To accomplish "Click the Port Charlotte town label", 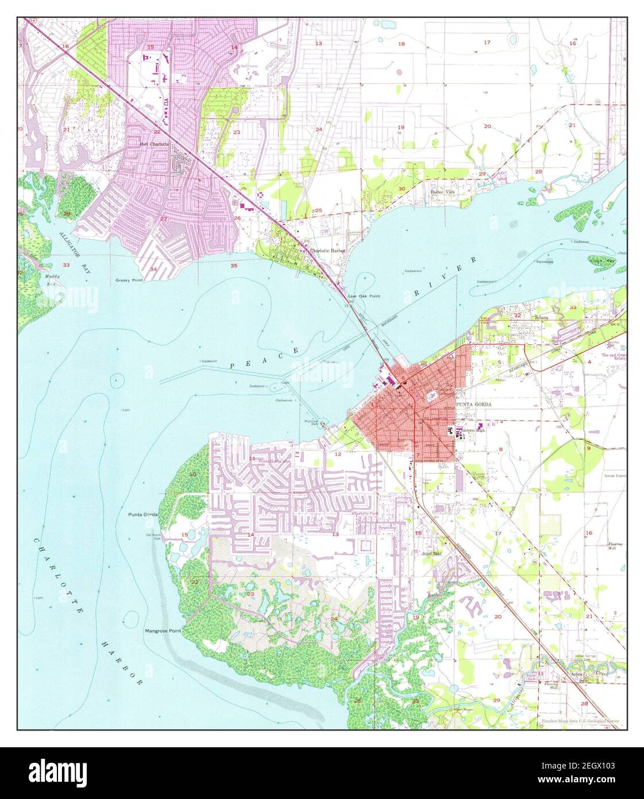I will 155,144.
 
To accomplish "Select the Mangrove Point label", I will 163,631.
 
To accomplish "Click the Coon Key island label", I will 602,260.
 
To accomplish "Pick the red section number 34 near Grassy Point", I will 153,269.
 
